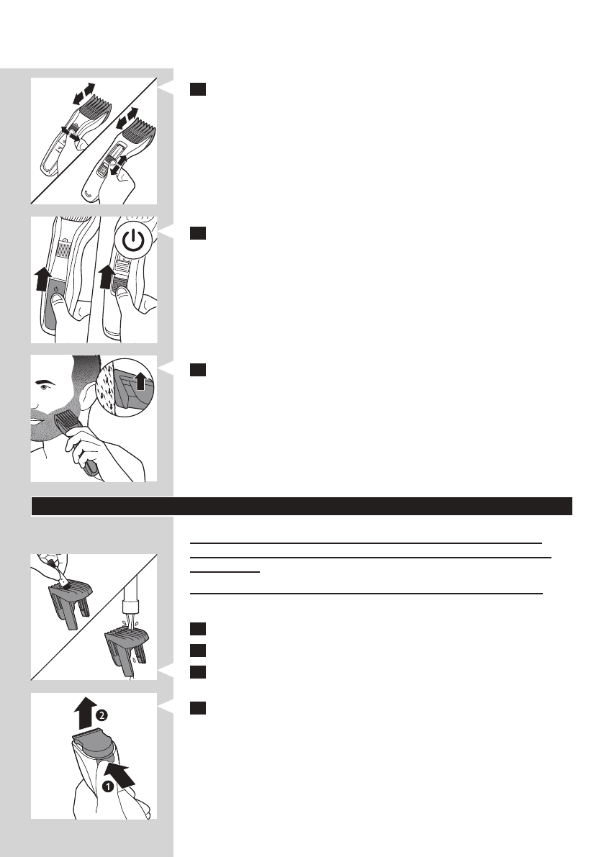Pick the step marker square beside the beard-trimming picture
[x=199, y=370]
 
